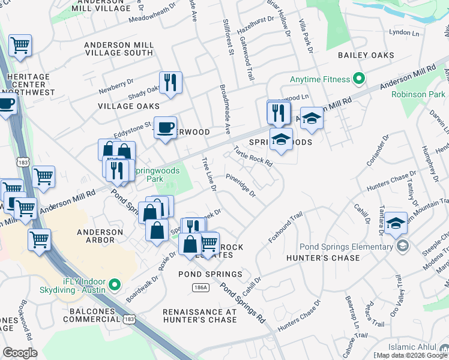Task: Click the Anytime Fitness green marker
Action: tap(359, 79)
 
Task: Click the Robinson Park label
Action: tap(418, 94)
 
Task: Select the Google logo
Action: tap(20, 353)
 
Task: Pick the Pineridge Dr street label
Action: tap(241, 185)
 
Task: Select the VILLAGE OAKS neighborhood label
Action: tap(124, 106)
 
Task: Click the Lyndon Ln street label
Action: tap(403, 32)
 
